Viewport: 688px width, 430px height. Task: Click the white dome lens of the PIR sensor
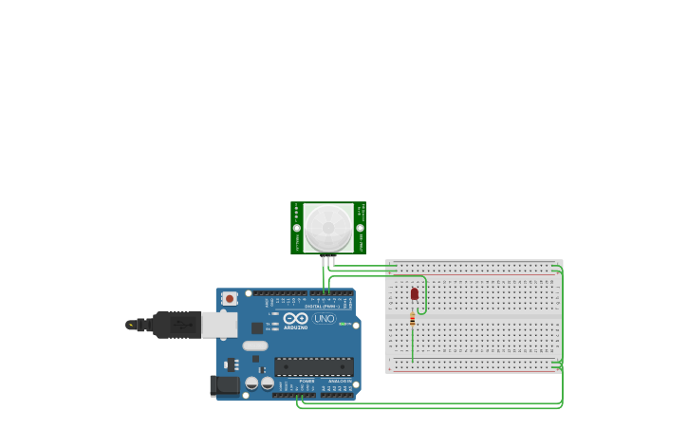point(328,228)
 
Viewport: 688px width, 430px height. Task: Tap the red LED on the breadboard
point(414,294)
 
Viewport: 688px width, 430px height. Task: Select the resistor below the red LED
point(412,320)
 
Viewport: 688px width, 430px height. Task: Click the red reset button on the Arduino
point(229,298)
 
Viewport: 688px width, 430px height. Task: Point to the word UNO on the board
point(325,319)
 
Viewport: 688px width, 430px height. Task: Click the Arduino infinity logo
point(295,318)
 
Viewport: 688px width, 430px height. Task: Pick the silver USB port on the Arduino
point(219,325)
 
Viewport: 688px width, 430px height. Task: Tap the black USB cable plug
point(177,325)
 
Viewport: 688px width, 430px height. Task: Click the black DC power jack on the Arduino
point(225,384)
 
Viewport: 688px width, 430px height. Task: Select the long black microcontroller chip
point(314,366)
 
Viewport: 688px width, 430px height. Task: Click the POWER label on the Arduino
point(307,381)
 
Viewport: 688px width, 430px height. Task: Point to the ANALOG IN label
point(339,381)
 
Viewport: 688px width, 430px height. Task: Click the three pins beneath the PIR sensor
point(328,260)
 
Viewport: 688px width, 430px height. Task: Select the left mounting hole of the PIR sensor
point(297,228)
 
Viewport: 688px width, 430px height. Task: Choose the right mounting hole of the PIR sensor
point(360,228)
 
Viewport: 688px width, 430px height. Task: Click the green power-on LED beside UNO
point(343,325)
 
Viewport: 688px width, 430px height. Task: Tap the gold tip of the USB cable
point(130,325)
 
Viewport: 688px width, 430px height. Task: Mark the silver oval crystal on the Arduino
point(254,346)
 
